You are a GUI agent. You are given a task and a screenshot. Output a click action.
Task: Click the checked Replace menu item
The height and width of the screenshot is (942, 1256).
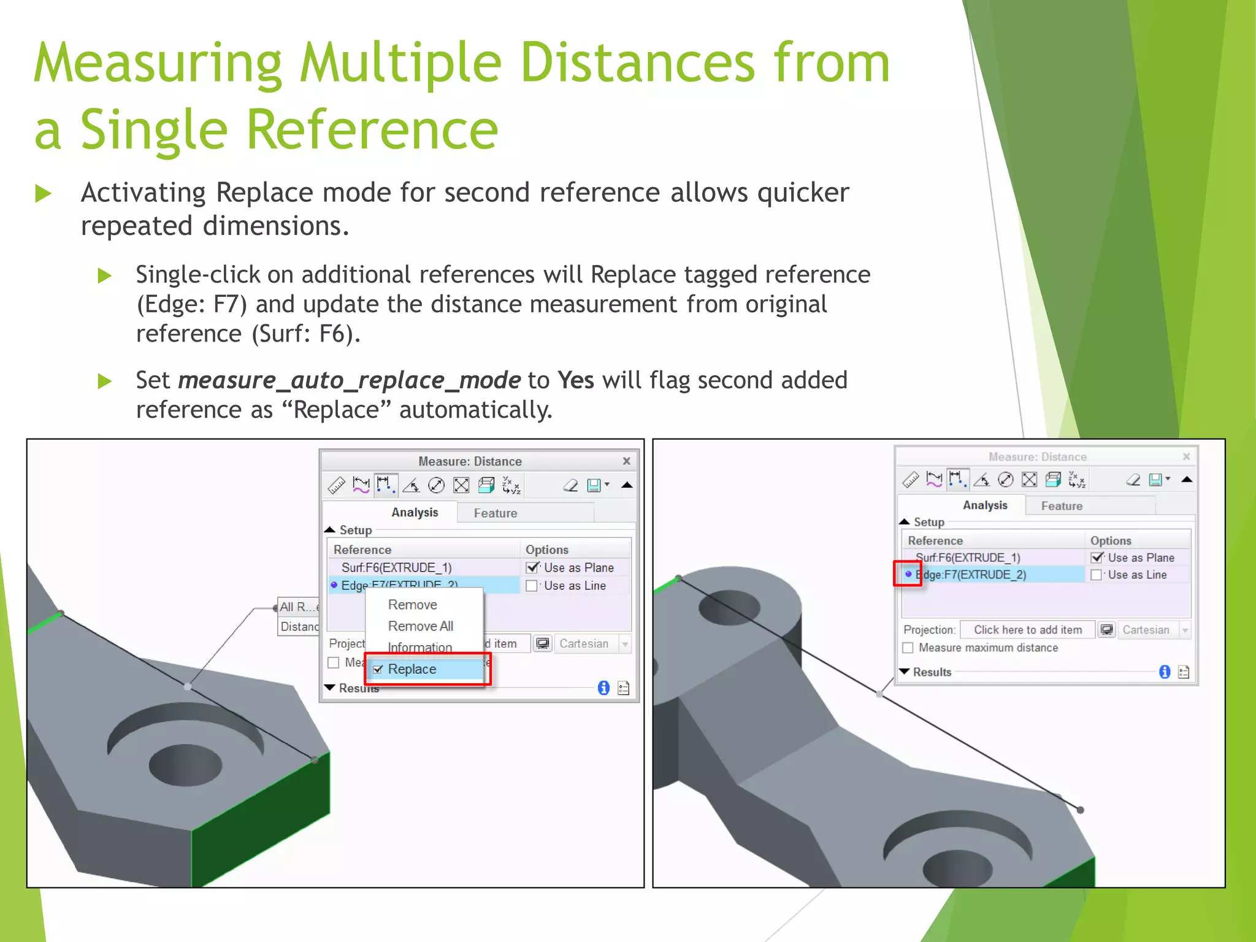click(412, 669)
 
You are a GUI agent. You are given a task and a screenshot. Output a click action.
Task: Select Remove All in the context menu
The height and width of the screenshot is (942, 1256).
click(420, 626)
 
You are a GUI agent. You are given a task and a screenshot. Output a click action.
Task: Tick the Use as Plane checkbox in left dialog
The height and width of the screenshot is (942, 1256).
click(532, 568)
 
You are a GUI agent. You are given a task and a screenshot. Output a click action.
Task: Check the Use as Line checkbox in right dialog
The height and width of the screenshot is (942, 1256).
click(1096, 575)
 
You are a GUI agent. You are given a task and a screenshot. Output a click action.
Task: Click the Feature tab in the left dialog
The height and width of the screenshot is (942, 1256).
click(495, 513)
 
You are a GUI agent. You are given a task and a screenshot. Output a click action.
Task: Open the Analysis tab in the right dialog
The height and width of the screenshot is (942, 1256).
click(985, 505)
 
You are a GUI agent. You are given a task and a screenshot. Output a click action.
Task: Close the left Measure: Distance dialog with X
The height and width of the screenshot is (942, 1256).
click(626, 461)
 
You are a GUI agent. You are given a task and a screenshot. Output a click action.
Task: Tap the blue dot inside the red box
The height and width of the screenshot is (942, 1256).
click(908, 574)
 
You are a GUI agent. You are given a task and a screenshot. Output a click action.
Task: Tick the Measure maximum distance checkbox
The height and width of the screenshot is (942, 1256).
click(908, 648)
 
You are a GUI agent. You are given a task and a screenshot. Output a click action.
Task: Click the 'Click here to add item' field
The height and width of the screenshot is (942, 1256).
click(1027, 630)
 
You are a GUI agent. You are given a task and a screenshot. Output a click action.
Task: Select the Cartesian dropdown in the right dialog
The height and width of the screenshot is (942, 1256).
click(1154, 630)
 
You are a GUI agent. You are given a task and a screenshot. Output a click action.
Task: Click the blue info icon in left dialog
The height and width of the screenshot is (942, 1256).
click(603, 688)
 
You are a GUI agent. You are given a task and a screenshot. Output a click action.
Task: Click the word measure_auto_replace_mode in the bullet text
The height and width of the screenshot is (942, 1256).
click(350, 381)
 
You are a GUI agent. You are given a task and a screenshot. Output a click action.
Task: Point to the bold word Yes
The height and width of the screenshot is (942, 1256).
click(575, 380)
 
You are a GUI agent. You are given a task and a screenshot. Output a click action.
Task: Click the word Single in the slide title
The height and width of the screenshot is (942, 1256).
click(154, 130)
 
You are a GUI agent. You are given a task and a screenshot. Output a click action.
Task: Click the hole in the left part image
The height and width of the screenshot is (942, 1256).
click(185, 765)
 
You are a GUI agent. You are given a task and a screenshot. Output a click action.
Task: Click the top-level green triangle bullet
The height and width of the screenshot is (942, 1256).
click(43, 194)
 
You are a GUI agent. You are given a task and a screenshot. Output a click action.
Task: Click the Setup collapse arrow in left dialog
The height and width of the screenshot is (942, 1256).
click(330, 529)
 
